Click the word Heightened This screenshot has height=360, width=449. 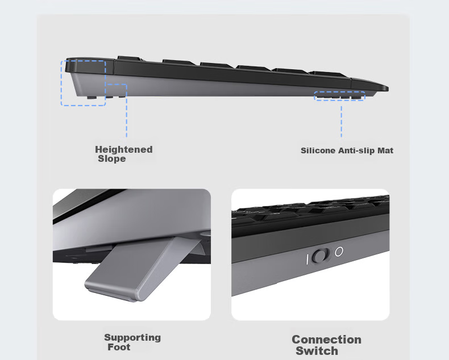pos(124,149)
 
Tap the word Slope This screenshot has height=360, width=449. pos(112,158)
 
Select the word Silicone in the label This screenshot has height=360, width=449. pos(318,150)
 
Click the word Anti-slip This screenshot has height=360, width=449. pos(356,150)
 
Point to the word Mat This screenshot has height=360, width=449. pos(385,150)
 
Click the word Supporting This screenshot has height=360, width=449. pos(132,338)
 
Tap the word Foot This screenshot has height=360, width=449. pos(119,347)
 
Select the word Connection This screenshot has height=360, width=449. pos(326,340)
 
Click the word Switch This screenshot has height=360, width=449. pos(317,351)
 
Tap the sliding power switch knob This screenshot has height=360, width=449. pos(321,256)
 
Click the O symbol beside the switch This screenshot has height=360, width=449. pos(339,252)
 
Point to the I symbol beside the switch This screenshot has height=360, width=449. pos(307,259)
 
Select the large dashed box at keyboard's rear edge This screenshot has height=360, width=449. pos(61,83)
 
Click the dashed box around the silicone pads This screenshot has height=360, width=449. pos(340,92)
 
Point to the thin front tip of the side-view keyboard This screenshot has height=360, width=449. pos(388,88)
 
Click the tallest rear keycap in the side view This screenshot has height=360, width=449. pos(130,58)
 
